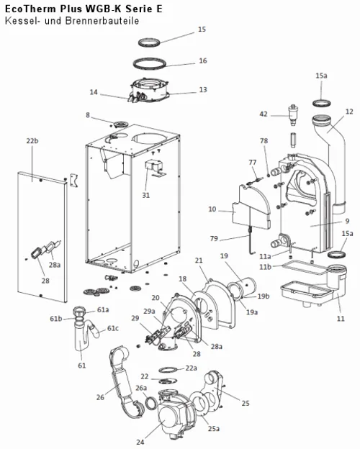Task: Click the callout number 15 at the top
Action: click(x=202, y=30)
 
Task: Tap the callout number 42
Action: click(x=264, y=114)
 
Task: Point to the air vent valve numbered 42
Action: click(x=292, y=114)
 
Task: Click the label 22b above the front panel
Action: click(x=32, y=141)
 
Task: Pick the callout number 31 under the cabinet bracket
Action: click(x=146, y=195)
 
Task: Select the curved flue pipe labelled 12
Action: click(x=333, y=160)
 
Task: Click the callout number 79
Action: click(x=214, y=239)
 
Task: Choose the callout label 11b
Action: click(x=265, y=267)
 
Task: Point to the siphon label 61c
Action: click(x=112, y=328)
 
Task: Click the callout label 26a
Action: click(x=141, y=388)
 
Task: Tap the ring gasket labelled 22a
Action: click(x=168, y=369)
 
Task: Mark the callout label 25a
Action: click(x=214, y=429)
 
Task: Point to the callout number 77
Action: click(x=253, y=163)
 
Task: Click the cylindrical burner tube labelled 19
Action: click(x=242, y=288)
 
